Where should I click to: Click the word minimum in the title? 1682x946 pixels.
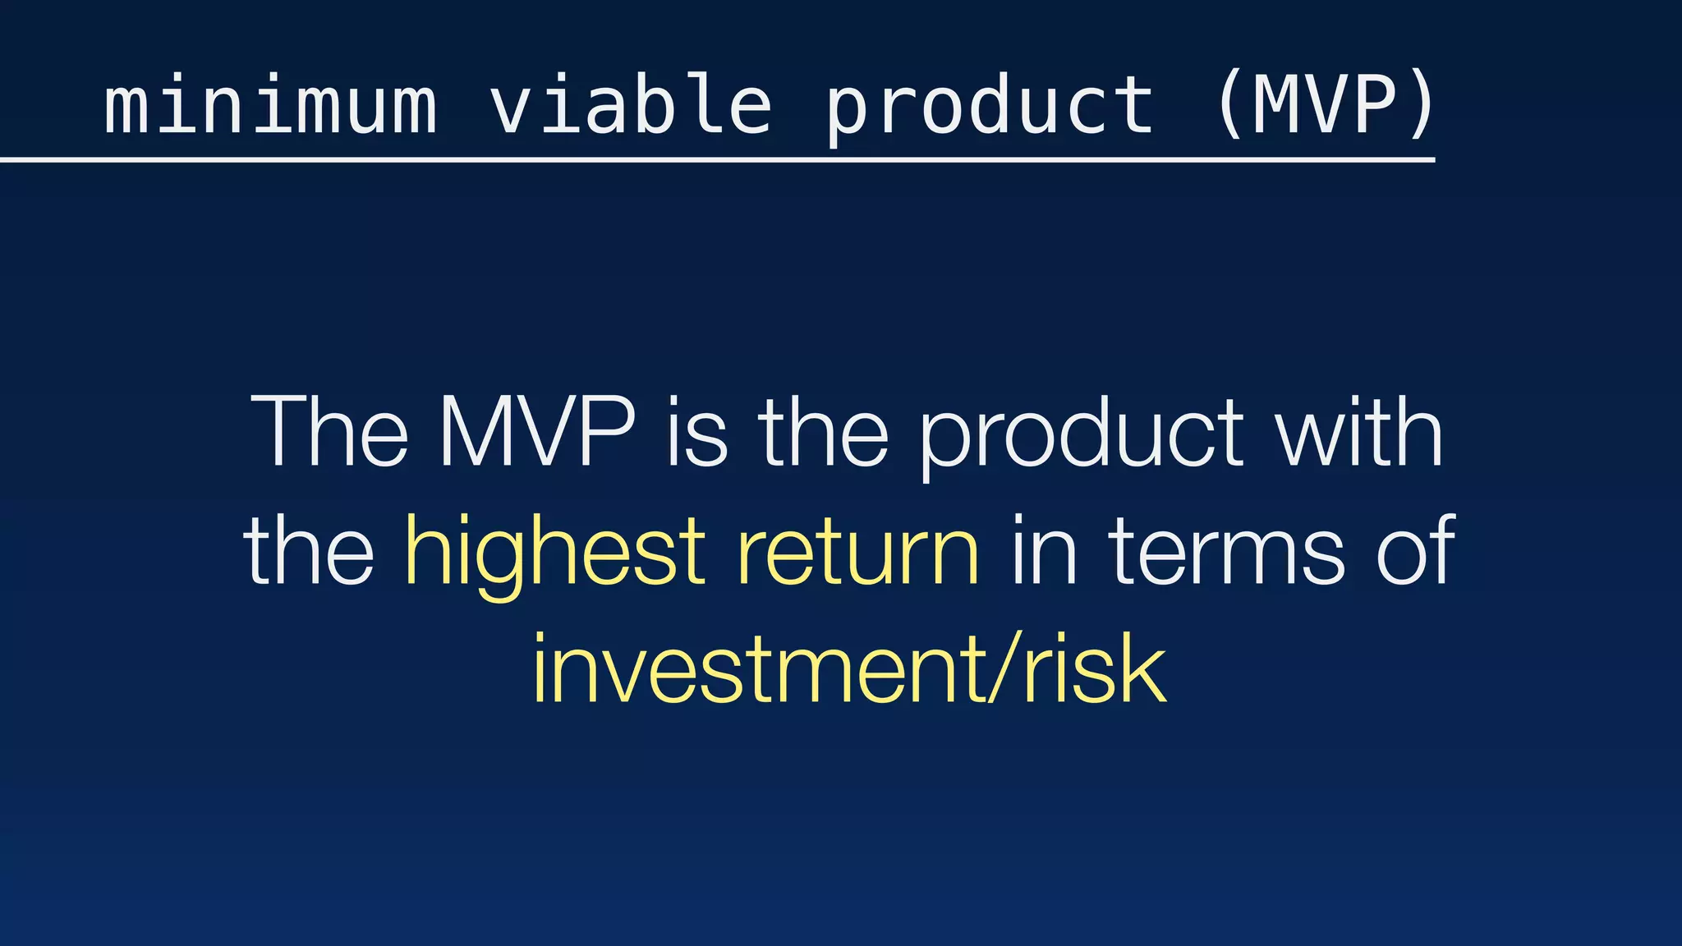point(270,105)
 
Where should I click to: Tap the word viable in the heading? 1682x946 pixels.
point(631,105)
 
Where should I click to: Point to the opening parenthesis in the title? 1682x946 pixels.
point(1229,105)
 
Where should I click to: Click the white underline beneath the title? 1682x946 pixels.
point(715,159)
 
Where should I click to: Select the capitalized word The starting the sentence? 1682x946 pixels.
point(329,433)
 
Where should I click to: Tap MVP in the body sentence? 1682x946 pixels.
point(537,433)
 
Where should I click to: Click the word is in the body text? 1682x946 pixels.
point(697,433)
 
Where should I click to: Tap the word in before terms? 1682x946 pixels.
point(1044,550)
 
